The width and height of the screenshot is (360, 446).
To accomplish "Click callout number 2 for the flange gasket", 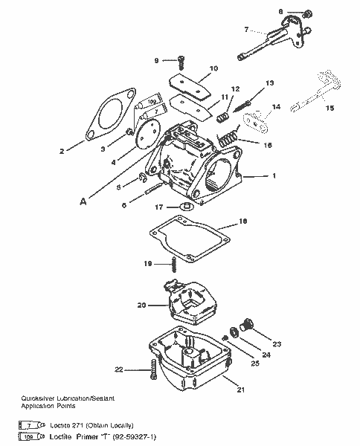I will pos(62,151).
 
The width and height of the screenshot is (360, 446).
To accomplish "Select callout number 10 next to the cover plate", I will pos(213,68).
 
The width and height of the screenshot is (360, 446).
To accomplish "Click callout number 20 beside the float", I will pos(141,305).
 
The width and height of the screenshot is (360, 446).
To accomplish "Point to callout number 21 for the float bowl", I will pos(240,390).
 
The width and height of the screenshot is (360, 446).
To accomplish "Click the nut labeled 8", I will pos(308,13).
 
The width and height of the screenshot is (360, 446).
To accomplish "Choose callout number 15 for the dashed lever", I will pos(329,107).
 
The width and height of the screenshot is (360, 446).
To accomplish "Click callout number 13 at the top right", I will pos(269,83).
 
